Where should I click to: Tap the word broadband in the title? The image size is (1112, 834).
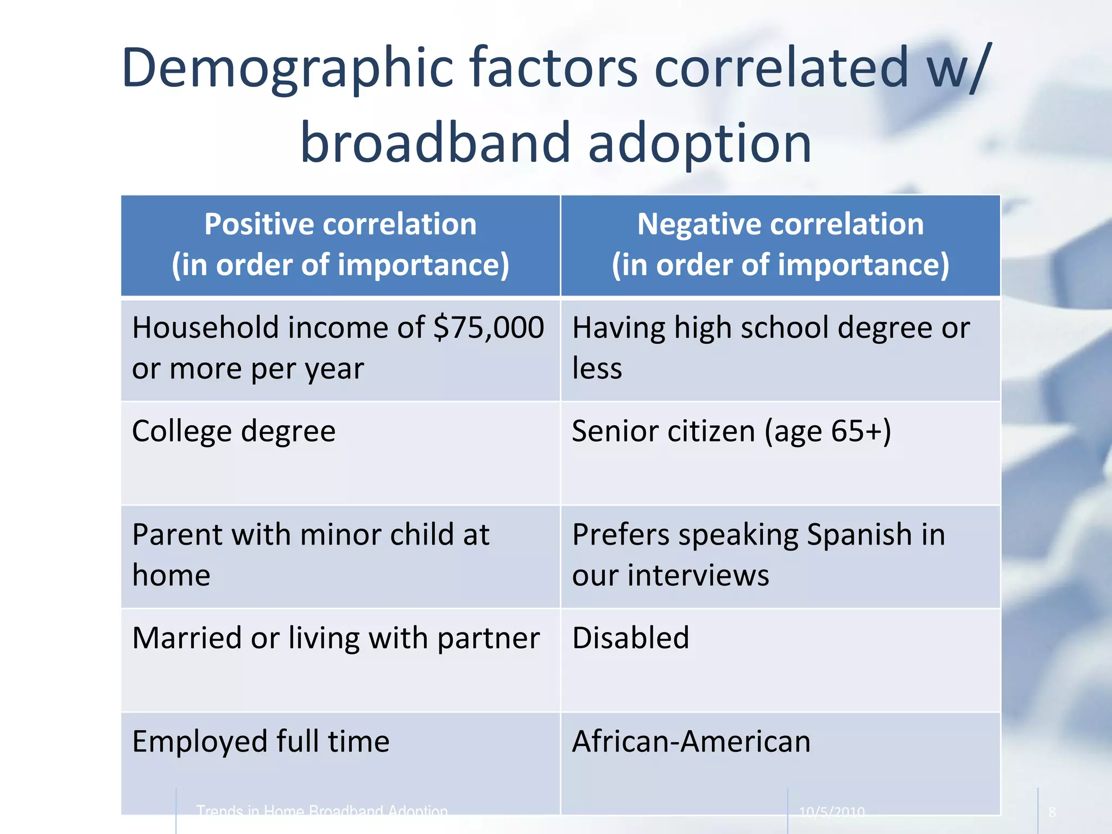pyautogui.click(x=434, y=143)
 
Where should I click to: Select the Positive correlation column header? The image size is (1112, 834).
pyautogui.click(x=340, y=244)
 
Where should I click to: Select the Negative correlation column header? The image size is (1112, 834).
pyautogui.click(x=780, y=244)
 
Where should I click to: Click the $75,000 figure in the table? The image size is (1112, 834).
pyautogui.click(x=489, y=328)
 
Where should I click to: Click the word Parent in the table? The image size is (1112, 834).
pyautogui.click(x=177, y=535)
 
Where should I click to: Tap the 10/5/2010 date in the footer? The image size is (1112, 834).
pyautogui.click(x=831, y=812)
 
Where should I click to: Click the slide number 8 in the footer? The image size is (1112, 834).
pyautogui.click(x=1052, y=812)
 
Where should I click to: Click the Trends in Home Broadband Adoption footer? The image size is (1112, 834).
pyautogui.click(x=321, y=811)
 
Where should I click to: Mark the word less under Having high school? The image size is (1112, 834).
pyautogui.click(x=597, y=369)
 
